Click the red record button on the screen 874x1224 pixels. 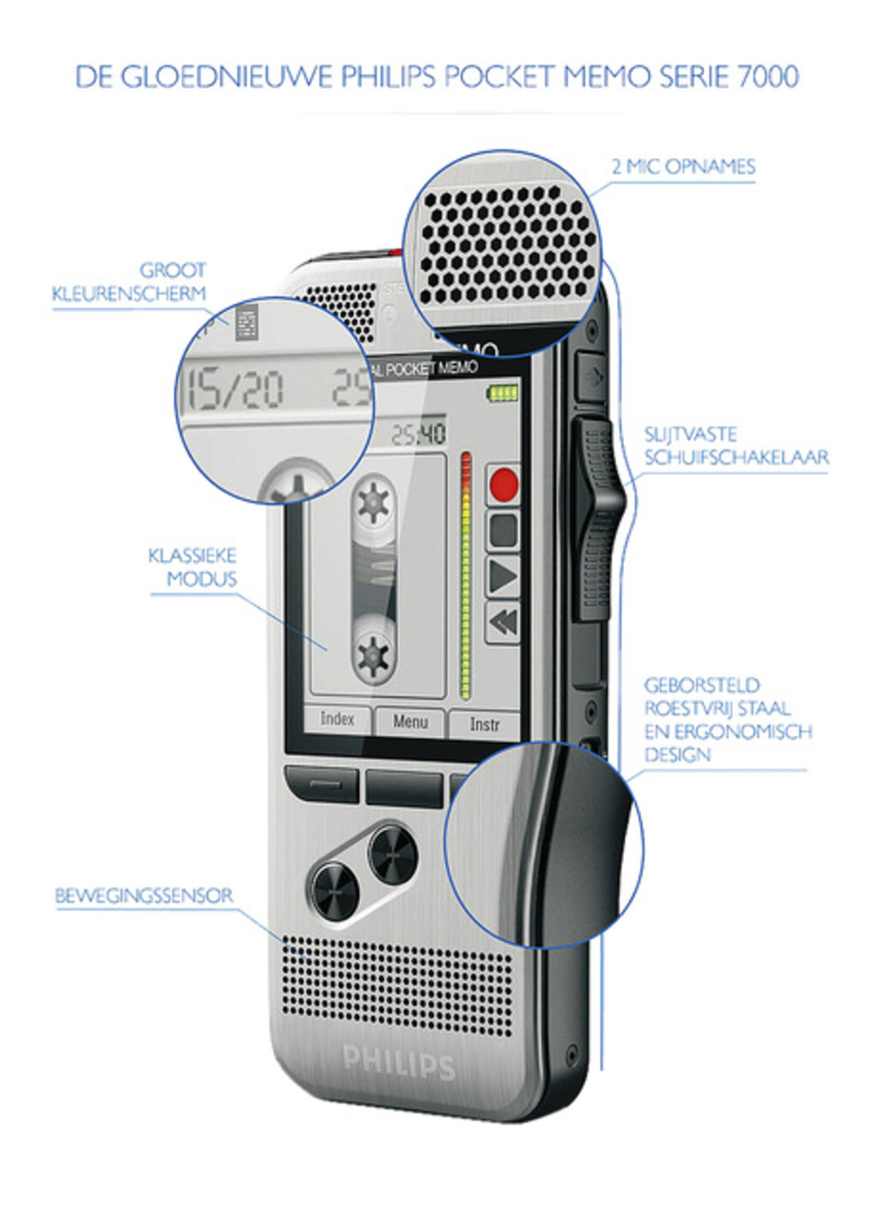click(x=504, y=485)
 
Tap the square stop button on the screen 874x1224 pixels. click(x=504, y=530)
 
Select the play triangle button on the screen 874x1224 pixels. click(x=504, y=576)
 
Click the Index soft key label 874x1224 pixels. click(x=338, y=719)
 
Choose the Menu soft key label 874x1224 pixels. click(x=410, y=722)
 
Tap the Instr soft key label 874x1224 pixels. click(x=485, y=724)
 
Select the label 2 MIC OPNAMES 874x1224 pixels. click(x=684, y=167)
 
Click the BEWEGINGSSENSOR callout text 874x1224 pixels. click(x=144, y=896)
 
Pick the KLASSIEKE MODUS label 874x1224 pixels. click(x=193, y=567)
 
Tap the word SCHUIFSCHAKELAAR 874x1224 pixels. click(x=736, y=458)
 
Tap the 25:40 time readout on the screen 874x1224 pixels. click(x=418, y=434)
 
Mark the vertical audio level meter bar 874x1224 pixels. click(x=466, y=576)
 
